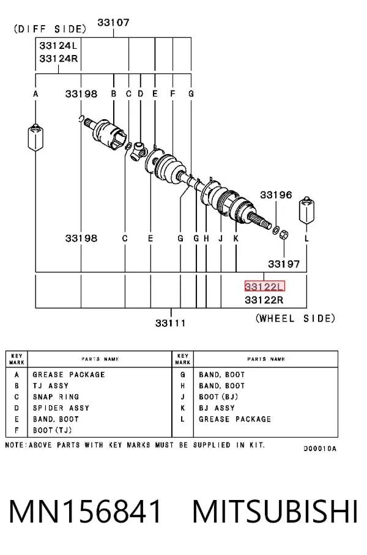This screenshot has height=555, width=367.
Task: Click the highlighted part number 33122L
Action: pos(265,286)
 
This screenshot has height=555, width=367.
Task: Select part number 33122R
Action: pos(264,300)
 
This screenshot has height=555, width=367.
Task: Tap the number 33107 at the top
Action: pos(113,23)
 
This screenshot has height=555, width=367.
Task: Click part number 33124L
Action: pos(58,46)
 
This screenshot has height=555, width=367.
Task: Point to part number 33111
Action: pos(171,323)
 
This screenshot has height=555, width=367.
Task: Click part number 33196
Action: pos(276,194)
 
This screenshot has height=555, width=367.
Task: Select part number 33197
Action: pos(284,263)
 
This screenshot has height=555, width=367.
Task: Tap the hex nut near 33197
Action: pos(284,234)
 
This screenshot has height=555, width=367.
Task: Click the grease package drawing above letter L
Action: pos(307,211)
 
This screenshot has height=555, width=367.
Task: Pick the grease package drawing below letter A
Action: pos(35,138)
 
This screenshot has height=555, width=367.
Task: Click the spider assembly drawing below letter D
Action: pos(138,151)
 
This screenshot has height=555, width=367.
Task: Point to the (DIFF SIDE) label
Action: pos(50,29)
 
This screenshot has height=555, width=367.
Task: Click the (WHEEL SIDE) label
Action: pos(295,318)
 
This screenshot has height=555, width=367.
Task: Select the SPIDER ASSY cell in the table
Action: pos(61,408)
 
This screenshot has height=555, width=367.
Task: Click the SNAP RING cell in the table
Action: pos(56,397)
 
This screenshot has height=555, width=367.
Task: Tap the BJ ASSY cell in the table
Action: pos(217,408)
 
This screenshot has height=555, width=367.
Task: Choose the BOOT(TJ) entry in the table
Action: pos(53,430)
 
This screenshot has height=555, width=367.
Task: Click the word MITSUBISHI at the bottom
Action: pos(275,512)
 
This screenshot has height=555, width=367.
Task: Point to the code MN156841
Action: pos(85,512)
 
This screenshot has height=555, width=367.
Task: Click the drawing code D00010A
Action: pos(320,449)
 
